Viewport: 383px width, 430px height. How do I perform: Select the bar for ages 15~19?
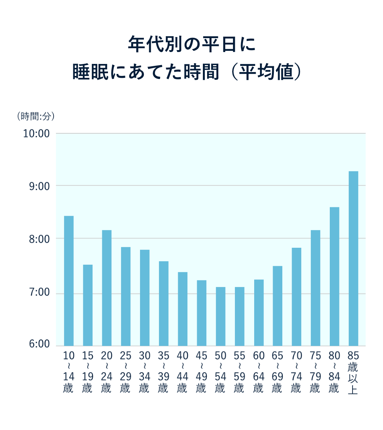[x=88, y=305]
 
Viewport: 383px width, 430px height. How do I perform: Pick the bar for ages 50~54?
[x=220, y=316]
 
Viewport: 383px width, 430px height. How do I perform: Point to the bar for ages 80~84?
[x=334, y=276]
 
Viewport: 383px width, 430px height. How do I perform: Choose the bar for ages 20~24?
[x=106, y=288]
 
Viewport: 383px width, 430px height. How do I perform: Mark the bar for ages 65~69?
[x=277, y=306]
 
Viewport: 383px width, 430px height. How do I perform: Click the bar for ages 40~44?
[x=182, y=309]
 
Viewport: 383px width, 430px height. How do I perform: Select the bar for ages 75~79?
[x=315, y=288]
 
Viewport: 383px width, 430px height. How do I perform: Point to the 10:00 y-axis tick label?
[x=37, y=134]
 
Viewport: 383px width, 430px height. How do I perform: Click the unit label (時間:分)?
[x=35, y=116]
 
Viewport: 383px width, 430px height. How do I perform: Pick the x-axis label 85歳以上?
[x=353, y=372]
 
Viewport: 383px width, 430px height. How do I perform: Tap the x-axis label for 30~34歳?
[x=145, y=372]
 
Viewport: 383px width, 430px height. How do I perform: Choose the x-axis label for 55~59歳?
[x=239, y=372]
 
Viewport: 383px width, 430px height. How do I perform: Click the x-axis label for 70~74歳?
[x=296, y=372]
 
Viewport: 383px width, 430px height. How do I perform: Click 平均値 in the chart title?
[x=266, y=72]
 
